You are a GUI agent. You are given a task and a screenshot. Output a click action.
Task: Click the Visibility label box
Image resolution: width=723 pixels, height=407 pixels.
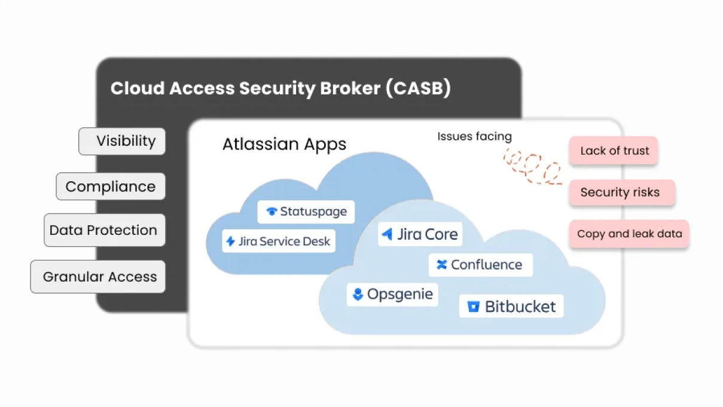point(122,141)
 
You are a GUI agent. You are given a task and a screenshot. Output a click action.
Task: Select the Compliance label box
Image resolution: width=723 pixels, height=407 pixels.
point(111,186)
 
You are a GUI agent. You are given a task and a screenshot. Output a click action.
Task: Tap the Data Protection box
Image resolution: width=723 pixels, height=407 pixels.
point(104,230)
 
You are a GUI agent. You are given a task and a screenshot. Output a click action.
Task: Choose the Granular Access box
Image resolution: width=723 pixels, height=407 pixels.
point(98,277)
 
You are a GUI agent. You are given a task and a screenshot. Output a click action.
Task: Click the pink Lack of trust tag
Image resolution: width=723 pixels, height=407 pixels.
point(614,151)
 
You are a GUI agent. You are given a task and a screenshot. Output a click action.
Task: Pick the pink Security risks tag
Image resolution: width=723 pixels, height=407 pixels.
point(621,192)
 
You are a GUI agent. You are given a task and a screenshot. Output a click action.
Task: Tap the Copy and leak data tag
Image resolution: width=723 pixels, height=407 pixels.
point(629,234)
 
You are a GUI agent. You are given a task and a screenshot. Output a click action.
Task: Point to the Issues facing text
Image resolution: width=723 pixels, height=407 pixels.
point(474,136)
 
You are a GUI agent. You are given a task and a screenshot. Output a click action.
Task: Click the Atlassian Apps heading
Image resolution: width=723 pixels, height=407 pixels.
point(284,145)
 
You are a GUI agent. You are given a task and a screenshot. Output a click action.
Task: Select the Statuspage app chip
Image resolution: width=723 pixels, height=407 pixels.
point(306,212)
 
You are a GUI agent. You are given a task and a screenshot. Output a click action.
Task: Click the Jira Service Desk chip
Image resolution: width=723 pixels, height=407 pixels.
point(278,241)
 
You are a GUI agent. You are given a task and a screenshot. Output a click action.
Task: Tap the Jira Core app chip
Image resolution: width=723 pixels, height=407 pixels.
point(420,234)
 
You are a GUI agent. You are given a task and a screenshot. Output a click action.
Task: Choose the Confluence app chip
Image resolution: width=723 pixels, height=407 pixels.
point(480,265)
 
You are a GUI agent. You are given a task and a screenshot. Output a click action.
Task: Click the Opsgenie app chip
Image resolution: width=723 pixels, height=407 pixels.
point(392,295)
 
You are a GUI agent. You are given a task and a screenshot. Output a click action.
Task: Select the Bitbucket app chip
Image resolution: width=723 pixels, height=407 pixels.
point(511,307)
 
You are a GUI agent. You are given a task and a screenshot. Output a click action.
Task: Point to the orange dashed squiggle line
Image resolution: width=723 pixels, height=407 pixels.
point(532,166)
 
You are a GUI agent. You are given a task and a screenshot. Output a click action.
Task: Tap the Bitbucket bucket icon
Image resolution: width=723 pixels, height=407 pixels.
point(474,307)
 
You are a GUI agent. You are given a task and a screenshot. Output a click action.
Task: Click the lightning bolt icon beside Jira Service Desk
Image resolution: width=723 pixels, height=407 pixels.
point(230,241)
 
